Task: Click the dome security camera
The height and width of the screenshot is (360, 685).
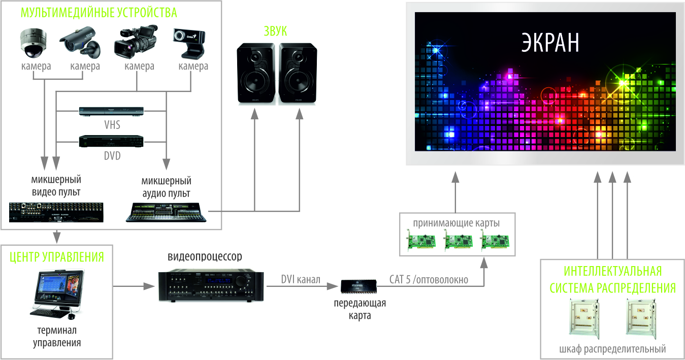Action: (x=34, y=43)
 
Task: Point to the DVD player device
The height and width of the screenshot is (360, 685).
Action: (x=111, y=142)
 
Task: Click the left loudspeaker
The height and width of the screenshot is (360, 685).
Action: (x=256, y=74)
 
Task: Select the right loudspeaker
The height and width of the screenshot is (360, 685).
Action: (x=298, y=74)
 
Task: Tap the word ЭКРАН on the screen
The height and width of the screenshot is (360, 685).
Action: (x=550, y=43)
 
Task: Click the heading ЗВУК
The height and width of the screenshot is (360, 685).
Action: (x=275, y=31)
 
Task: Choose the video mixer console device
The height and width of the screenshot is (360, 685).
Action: (x=57, y=212)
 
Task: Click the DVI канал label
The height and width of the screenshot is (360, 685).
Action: (x=301, y=279)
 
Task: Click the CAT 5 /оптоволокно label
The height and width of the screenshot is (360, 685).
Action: (x=429, y=279)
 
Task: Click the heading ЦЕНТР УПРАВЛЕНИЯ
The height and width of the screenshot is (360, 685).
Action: (x=57, y=256)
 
